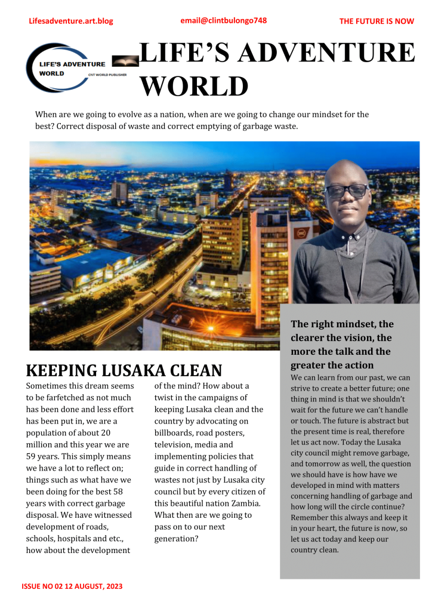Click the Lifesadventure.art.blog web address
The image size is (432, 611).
[70, 22]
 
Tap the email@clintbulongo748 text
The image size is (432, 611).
[223, 21]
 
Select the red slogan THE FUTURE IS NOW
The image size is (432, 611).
[377, 22]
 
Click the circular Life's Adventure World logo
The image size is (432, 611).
[66, 67]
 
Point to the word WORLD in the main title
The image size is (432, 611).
[194, 86]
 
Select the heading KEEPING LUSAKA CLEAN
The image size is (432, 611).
[124, 370]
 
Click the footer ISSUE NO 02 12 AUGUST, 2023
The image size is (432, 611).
[72, 587]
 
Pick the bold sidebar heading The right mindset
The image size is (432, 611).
[342, 324]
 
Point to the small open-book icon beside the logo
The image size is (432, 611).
[125, 60]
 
